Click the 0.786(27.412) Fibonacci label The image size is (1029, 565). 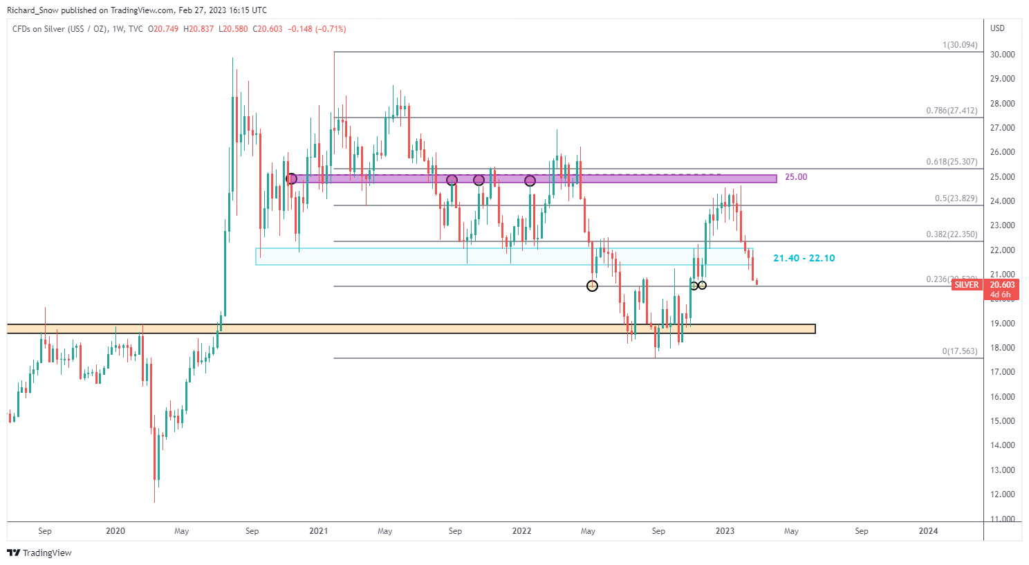pos(952,111)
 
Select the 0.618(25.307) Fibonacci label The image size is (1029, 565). pos(952,162)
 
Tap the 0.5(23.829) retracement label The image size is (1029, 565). pos(956,198)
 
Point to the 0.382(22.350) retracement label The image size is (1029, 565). pos(952,234)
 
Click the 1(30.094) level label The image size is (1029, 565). pos(960,45)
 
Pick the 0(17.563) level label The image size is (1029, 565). pos(960,351)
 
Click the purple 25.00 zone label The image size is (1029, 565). pos(796,177)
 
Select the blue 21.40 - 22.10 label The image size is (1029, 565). pos(804,258)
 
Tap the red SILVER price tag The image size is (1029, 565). pos(966,285)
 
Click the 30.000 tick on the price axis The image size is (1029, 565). pos(1002,55)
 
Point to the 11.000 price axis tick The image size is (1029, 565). pos(1002,519)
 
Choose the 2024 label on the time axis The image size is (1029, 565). pos(928,531)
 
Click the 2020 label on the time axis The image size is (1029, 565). pos(115,531)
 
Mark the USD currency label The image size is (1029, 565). pos(997,28)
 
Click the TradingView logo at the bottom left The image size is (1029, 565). pos(39,553)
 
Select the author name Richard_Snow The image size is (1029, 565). pos(33,10)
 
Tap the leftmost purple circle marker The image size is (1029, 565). pos(291,178)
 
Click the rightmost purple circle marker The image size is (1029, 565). pos(530,180)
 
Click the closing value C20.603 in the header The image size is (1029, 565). pos(268,29)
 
